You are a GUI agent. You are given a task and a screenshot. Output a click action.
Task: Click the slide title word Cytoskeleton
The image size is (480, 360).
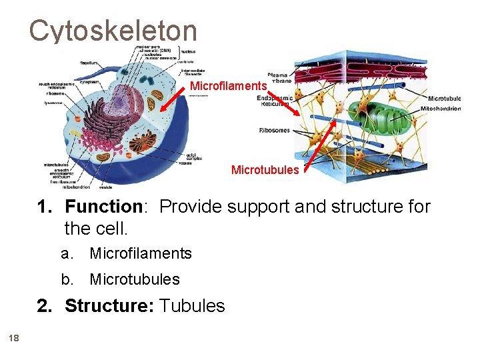113,31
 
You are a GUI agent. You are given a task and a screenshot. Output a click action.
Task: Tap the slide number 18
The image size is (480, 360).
14,339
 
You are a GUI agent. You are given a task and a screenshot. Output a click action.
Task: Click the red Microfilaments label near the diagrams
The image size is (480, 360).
228,86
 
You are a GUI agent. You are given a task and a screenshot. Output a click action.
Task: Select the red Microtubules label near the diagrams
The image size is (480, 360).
265,170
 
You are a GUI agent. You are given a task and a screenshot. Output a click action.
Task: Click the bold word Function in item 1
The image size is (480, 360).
104,207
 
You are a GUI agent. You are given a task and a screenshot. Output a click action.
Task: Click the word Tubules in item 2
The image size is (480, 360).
193,306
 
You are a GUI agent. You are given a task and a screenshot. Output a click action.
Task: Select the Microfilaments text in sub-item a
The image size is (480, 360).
141,253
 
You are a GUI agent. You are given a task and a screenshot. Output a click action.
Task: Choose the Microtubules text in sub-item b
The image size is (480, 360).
135,279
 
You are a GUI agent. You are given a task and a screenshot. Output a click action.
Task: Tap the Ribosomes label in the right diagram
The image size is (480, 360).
274,131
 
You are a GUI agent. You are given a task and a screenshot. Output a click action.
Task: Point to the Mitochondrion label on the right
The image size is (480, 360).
441,109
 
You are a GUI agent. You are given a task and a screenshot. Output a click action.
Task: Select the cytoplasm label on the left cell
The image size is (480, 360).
89,82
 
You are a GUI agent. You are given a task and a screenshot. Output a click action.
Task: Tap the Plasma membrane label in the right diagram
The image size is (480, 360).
279,79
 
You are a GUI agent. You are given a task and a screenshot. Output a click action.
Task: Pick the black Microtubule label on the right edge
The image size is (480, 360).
444,99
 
